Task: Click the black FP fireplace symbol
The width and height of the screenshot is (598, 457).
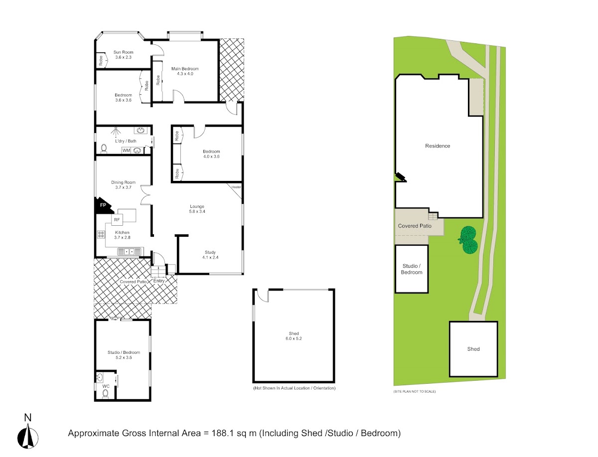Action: coord(103,206)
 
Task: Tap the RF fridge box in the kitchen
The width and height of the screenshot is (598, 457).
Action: coord(117,219)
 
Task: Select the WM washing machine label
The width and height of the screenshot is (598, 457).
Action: coord(126,151)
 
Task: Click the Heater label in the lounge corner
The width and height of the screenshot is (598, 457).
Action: coord(236,187)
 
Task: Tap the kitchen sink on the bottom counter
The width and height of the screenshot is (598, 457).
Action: coord(130,251)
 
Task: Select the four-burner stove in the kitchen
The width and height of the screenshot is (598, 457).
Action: coord(101,235)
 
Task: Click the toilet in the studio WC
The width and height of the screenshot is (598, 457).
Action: coord(105,393)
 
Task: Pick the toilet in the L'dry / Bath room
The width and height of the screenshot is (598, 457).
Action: coord(104,148)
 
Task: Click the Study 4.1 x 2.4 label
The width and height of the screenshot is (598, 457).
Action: coord(210,255)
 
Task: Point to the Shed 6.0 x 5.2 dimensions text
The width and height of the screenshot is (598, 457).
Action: coord(294,338)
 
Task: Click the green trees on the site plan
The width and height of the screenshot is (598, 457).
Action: coord(468,240)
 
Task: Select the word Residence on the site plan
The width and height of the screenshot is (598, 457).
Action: coord(438,146)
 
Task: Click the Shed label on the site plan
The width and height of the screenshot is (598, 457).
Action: coord(473,349)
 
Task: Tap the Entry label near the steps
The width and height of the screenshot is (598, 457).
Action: coord(159,281)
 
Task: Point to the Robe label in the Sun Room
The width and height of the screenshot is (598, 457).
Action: coord(101,60)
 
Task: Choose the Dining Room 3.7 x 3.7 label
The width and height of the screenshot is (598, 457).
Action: coord(123,185)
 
